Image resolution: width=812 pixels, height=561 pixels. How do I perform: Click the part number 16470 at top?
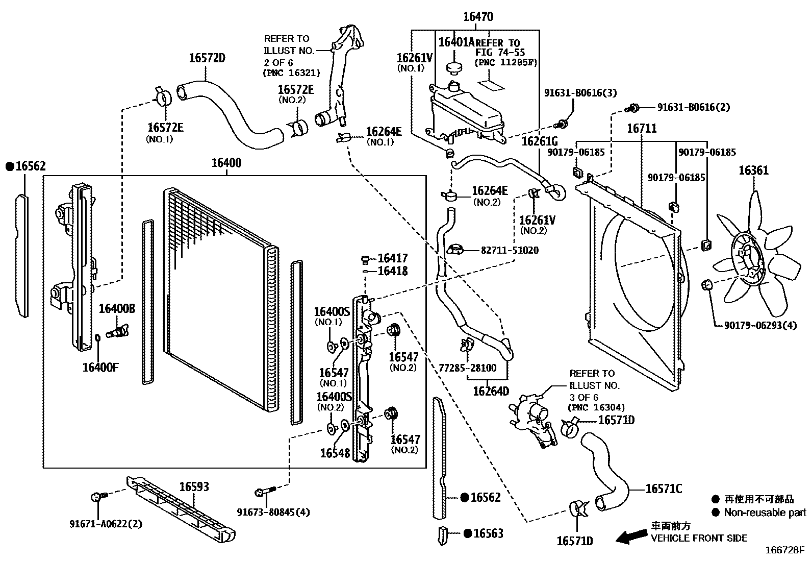(478, 17)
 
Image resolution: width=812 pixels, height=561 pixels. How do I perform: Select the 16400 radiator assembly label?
(226, 163)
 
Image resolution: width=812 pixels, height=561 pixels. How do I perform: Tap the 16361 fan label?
(753, 170)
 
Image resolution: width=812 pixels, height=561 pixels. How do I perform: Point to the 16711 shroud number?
(642, 128)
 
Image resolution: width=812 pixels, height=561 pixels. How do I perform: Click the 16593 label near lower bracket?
(194, 487)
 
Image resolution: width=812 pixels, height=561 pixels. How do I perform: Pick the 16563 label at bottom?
(488, 533)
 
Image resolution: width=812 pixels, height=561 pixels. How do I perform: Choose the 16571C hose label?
(664, 489)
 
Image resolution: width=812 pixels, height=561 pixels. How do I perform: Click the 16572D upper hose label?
(207, 58)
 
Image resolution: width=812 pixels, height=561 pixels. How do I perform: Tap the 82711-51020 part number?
(510, 251)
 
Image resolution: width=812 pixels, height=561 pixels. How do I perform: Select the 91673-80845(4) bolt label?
(273, 512)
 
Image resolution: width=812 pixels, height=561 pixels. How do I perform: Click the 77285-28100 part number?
(467, 368)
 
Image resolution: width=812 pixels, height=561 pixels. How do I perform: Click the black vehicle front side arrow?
(631, 536)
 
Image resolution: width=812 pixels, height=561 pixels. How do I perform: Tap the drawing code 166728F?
(784, 550)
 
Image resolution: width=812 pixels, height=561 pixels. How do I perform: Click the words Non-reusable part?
(765, 513)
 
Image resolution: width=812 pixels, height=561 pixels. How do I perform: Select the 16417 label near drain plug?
(392, 258)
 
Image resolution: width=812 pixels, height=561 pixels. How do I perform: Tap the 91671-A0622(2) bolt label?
(106, 524)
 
